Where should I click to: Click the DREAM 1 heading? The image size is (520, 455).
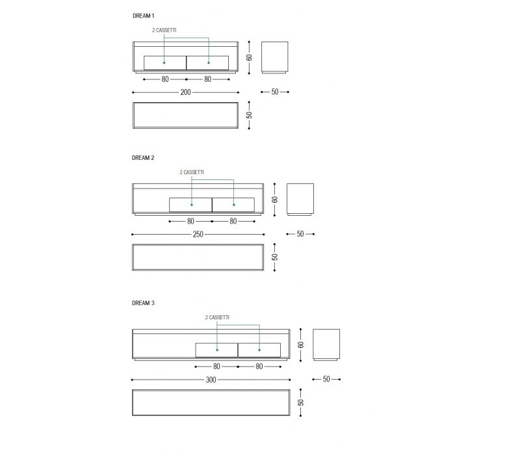point(143,16)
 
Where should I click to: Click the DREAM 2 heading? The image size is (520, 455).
point(143,158)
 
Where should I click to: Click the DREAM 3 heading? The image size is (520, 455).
point(143,303)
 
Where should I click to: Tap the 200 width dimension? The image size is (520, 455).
point(186,92)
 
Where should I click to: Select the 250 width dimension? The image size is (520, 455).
point(198,234)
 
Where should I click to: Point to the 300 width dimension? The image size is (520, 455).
point(211,380)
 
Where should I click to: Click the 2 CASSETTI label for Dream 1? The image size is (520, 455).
point(164,30)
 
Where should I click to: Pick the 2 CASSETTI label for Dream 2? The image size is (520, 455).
point(192,172)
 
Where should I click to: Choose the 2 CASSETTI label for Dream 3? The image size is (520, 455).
point(217,317)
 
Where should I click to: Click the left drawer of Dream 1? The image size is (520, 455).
point(165,63)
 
